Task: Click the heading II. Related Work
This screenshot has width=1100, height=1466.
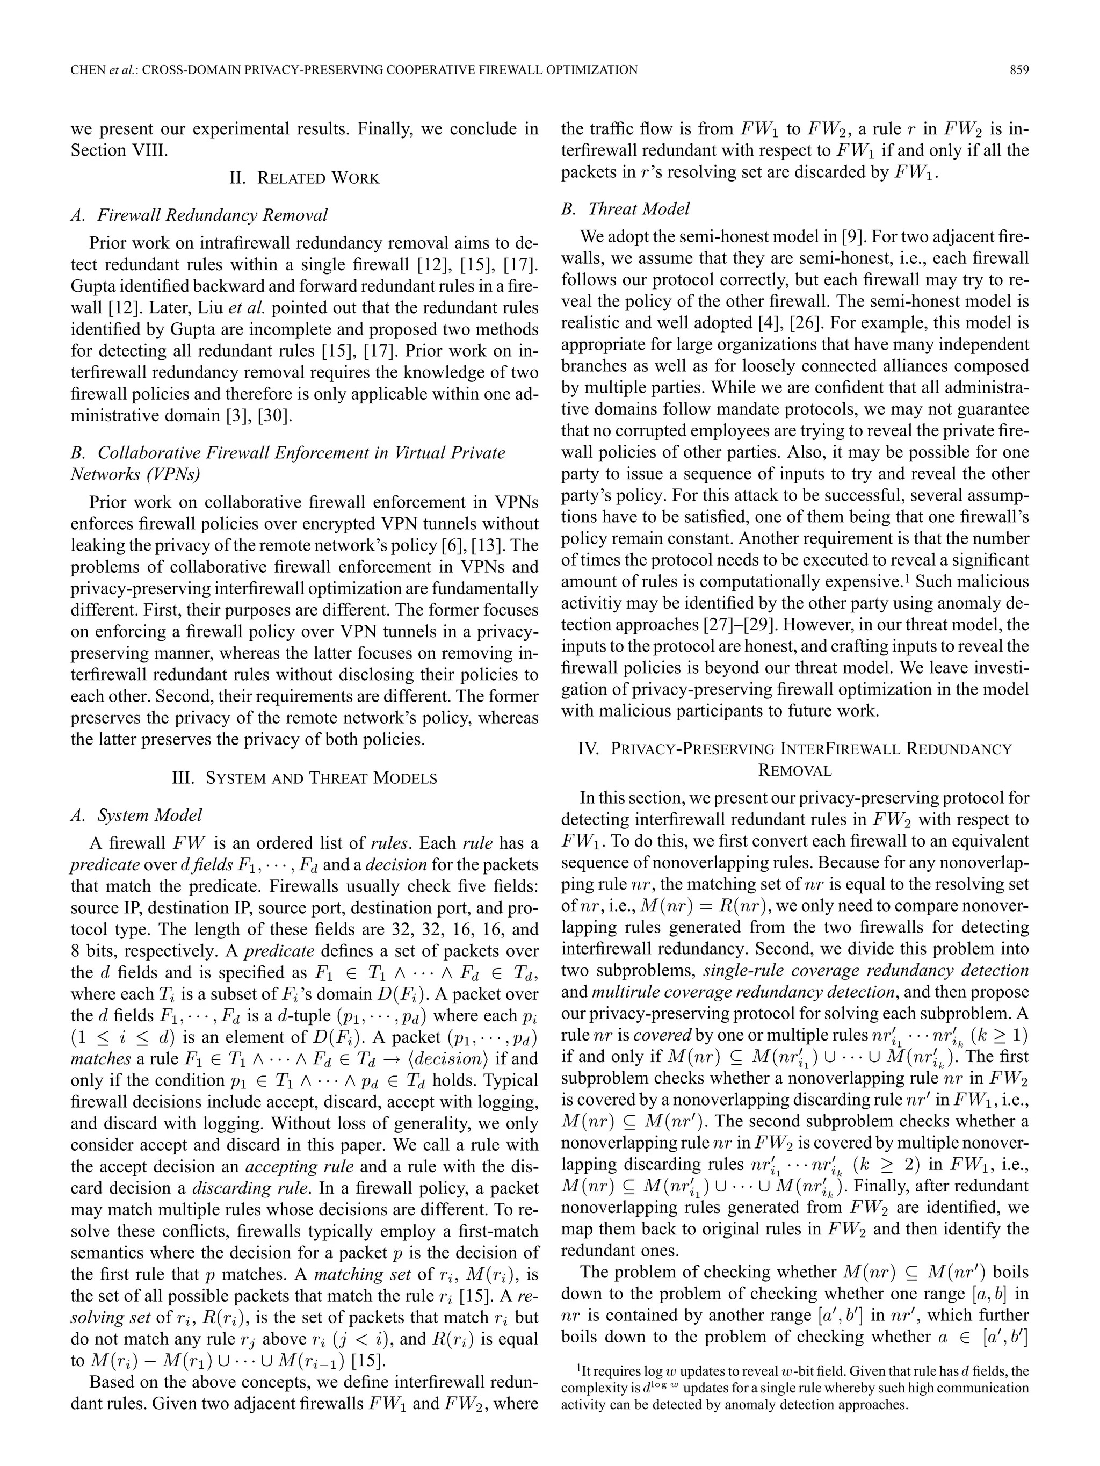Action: (304, 178)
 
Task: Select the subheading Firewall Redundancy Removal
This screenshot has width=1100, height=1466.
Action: (212, 215)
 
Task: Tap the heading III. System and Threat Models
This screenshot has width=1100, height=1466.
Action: (304, 777)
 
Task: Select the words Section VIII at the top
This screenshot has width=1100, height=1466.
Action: (119, 150)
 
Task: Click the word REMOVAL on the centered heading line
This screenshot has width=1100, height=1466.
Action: (794, 770)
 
